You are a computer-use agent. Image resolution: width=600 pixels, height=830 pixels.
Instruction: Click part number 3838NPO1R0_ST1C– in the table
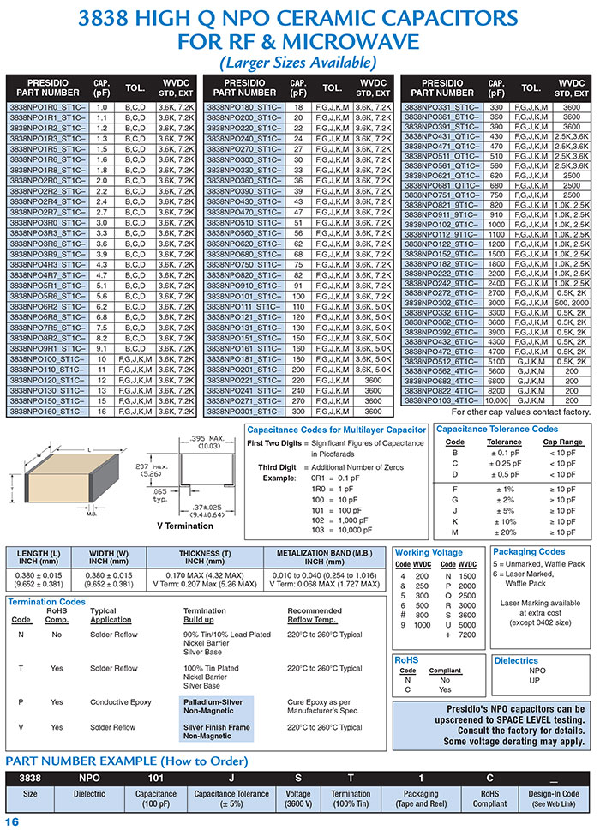[47, 107]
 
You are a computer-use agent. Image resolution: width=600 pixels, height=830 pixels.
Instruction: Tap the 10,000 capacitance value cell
[496, 400]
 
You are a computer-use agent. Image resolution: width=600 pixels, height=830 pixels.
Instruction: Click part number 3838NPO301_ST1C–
[244, 411]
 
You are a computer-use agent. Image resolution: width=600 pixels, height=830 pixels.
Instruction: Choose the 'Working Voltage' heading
[429, 551]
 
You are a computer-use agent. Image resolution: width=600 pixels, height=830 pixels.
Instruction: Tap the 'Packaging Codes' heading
[529, 551]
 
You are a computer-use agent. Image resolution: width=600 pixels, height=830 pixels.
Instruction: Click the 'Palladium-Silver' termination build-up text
[213, 701]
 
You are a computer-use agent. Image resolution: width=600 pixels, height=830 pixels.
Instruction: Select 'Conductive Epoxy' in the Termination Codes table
[121, 702]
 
